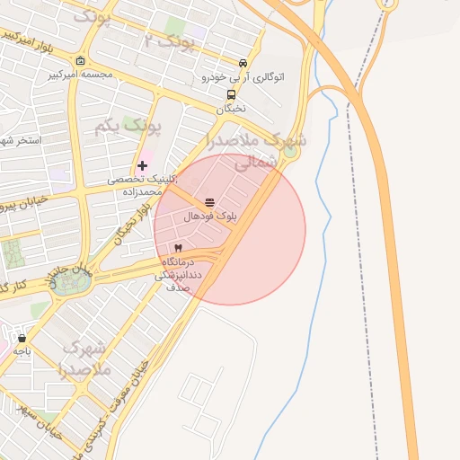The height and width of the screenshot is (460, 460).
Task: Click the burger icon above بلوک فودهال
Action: point(209,202)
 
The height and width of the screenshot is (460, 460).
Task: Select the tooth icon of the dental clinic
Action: point(178,247)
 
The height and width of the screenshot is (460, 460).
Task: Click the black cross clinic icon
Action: point(142,165)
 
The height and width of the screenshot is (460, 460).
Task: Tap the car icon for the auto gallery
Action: point(243,63)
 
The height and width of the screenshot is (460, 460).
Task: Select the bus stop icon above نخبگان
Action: point(232,94)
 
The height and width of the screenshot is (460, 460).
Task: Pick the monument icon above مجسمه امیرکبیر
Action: point(81,61)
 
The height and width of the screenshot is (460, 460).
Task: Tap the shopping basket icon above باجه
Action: point(22,339)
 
